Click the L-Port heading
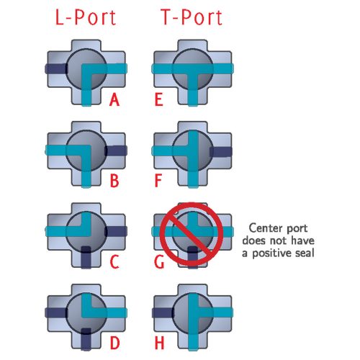(x=86, y=17)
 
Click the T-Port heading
(x=192, y=17)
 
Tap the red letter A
(x=114, y=99)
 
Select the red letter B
(x=114, y=181)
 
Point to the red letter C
(x=114, y=262)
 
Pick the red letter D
(x=114, y=343)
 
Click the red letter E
(x=159, y=99)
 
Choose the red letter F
(x=158, y=181)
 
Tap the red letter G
(x=159, y=262)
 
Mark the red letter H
(x=159, y=343)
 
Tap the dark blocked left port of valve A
(x=56, y=68)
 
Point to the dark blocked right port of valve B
(x=116, y=151)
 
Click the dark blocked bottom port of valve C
(x=86, y=257)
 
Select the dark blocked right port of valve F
(x=221, y=152)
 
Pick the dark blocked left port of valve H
(x=163, y=312)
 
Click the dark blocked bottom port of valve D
(x=86, y=339)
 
